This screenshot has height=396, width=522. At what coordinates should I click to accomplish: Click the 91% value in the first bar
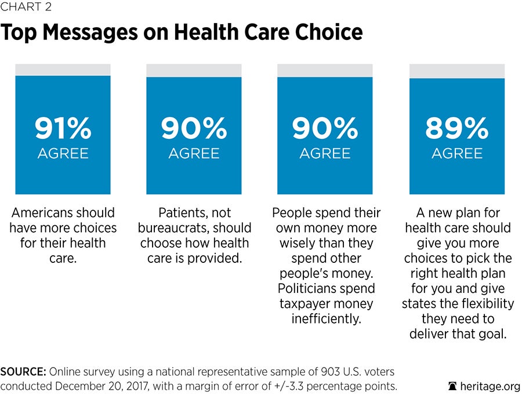63,129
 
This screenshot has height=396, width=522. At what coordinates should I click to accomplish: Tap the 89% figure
457,129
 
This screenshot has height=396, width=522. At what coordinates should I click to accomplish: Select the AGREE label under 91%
63,153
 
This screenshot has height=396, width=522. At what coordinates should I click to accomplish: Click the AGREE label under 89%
457,153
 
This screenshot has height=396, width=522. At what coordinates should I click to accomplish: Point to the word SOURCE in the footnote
22,371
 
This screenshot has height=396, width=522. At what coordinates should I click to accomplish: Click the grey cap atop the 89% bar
457,71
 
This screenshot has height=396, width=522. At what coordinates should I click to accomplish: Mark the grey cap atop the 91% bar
63,69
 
